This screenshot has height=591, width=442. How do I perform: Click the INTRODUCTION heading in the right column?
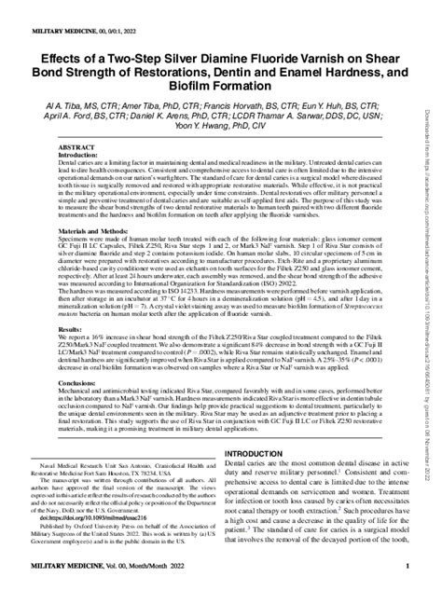click(x=264, y=452)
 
